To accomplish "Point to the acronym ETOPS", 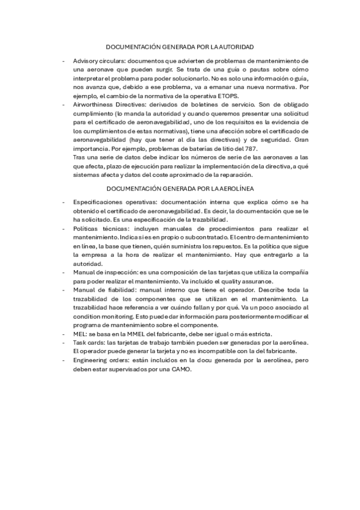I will [228, 96].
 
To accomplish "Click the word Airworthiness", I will [94, 104].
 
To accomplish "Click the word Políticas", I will [86, 229].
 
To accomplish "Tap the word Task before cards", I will [79, 341].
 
